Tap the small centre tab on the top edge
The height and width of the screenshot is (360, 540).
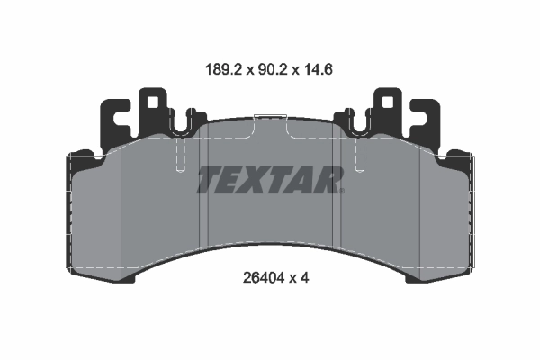tap(270, 116)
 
